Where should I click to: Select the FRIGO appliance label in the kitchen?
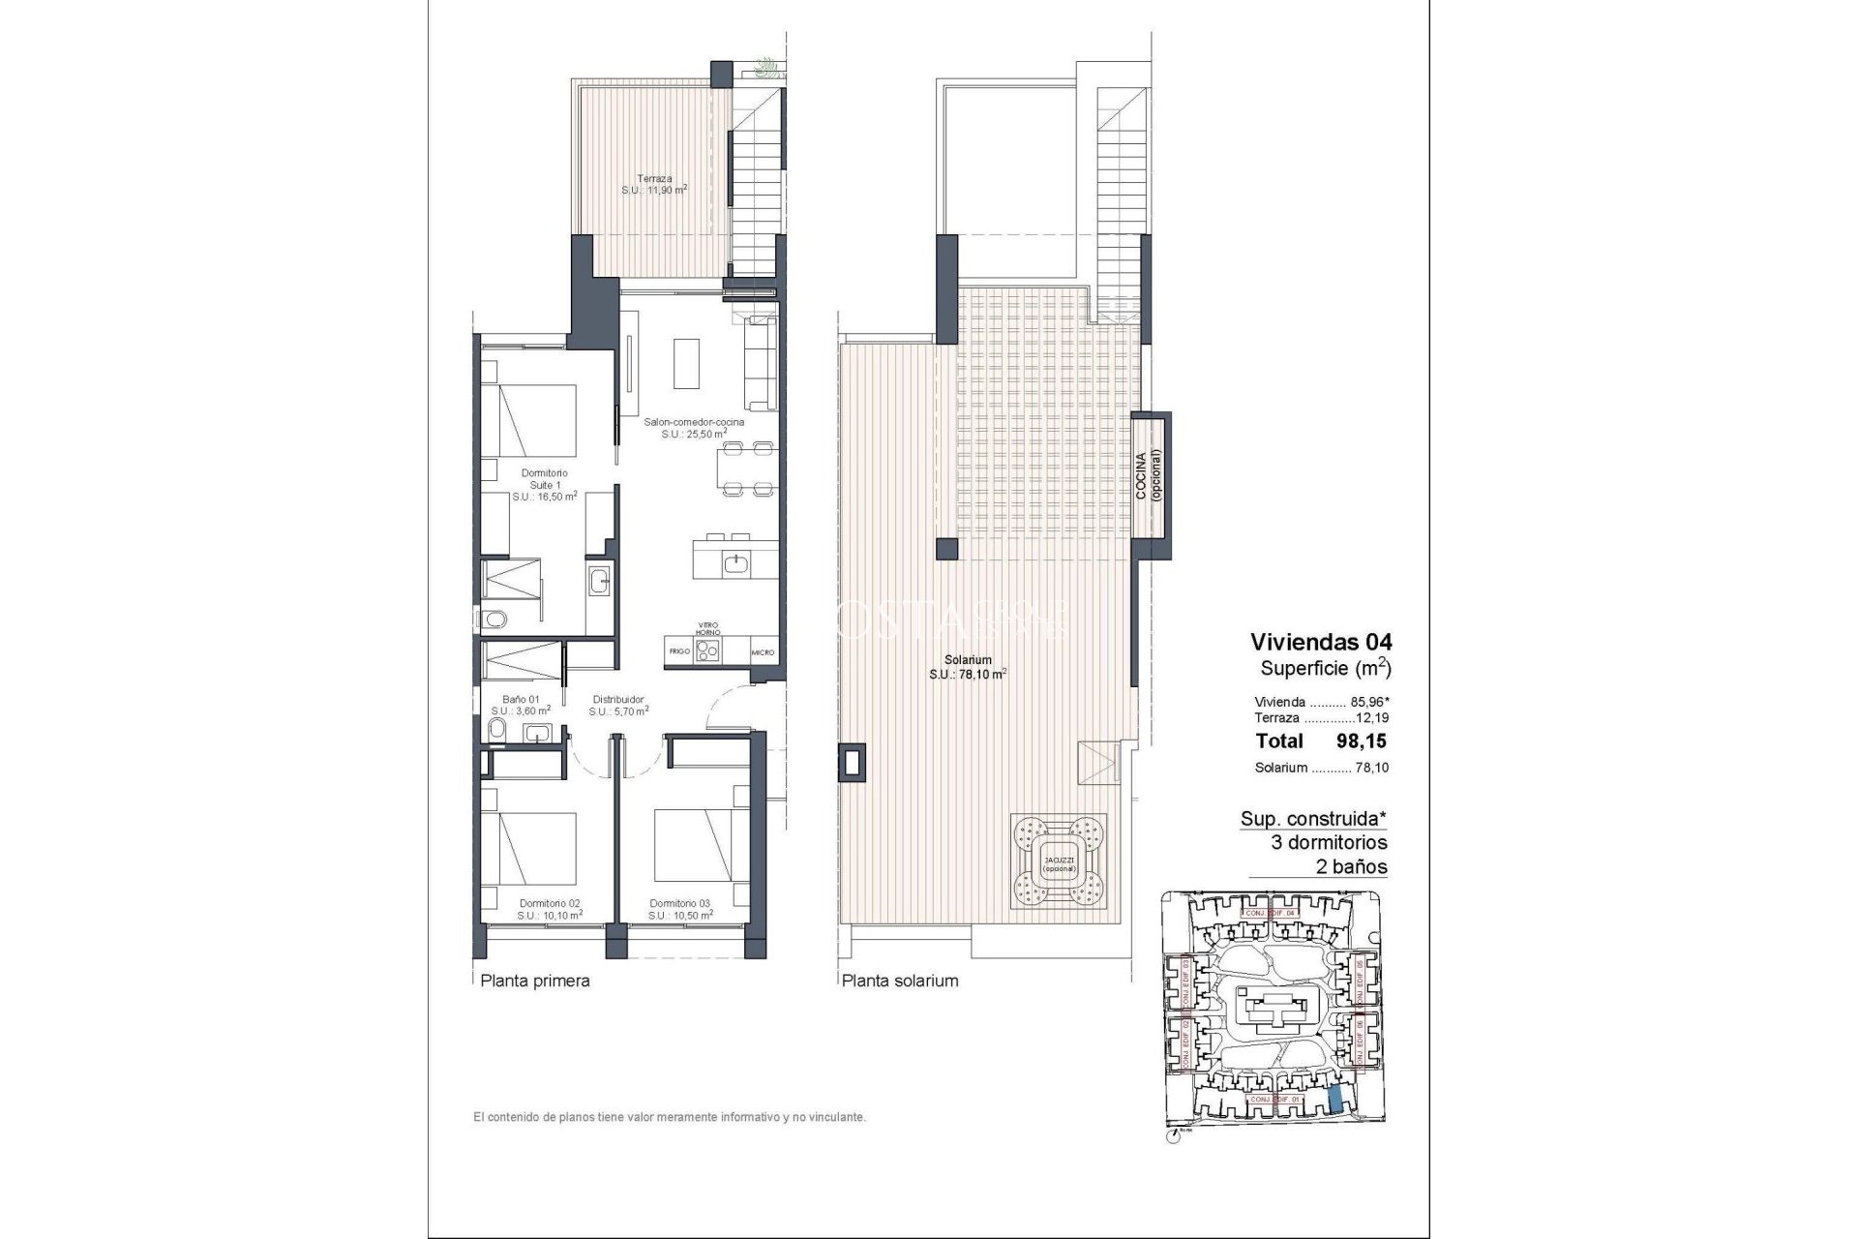pos(679,651)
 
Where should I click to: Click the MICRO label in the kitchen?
pos(763,652)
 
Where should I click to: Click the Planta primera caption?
pos(535,981)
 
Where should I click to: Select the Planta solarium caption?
pos(900,981)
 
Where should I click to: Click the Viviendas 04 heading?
pos(1321,641)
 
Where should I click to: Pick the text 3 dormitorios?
pos(1329,842)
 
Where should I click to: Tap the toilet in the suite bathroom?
pos(491,619)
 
